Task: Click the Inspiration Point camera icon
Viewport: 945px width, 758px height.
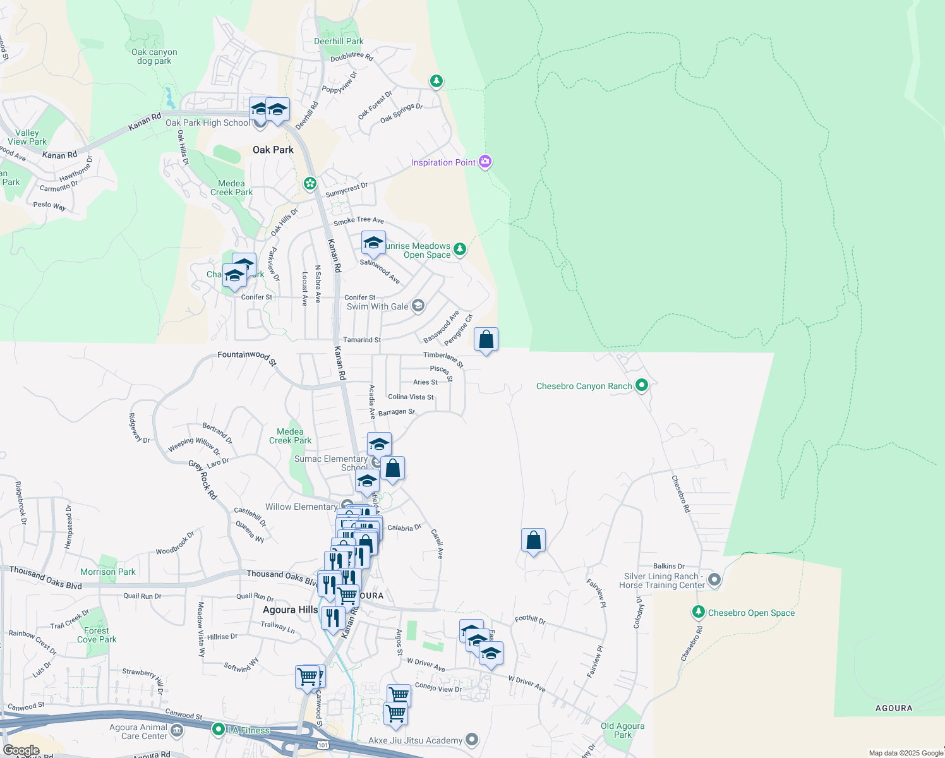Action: coord(485,162)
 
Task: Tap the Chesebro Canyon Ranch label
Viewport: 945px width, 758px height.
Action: coord(584,386)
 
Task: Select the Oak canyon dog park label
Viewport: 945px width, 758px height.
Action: coord(154,57)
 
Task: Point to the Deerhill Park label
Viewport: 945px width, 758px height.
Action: coord(339,41)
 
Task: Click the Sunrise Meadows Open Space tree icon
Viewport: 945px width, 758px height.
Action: coord(460,249)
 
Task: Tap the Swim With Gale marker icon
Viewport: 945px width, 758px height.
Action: coord(418,306)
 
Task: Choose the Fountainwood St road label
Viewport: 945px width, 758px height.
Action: coord(246,357)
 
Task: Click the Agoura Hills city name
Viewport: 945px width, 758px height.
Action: coord(291,610)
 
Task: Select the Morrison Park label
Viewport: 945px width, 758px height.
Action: coord(108,572)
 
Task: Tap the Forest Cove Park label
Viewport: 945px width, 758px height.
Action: coord(97,635)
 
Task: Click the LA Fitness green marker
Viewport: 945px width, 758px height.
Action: coord(219,730)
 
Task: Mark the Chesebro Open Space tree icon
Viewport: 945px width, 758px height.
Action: coord(698,612)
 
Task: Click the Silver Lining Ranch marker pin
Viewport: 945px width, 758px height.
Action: coord(714,579)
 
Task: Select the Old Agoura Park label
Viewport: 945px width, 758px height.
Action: coord(623,730)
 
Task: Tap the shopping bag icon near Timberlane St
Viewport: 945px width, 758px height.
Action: coord(486,340)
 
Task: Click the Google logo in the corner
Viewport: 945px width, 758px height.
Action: coord(21,750)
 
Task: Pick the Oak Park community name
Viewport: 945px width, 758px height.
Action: coord(273,150)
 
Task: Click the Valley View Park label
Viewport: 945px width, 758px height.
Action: coord(27,137)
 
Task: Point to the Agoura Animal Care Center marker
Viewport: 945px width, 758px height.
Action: coord(177,731)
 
